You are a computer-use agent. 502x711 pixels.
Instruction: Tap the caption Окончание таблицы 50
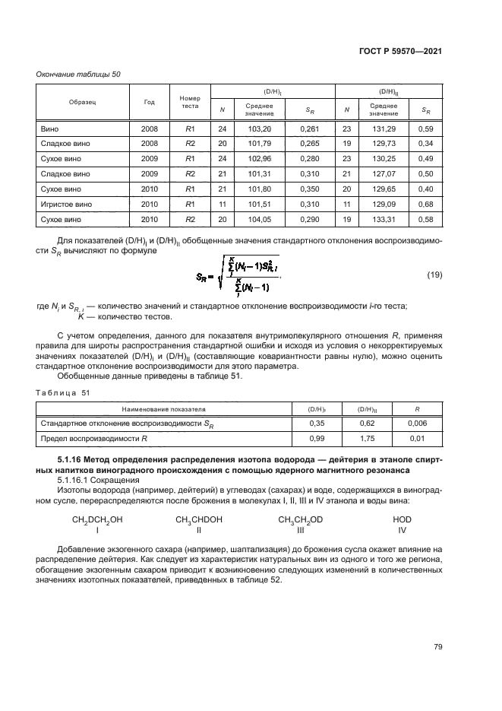(80, 74)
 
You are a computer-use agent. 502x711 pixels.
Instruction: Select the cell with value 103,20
(259, 129)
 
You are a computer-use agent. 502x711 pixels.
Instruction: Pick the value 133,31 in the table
(384, 220)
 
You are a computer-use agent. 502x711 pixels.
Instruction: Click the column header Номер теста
(189, 103)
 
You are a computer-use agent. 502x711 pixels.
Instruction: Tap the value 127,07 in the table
(384, 174)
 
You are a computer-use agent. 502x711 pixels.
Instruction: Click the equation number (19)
(434, 274)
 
